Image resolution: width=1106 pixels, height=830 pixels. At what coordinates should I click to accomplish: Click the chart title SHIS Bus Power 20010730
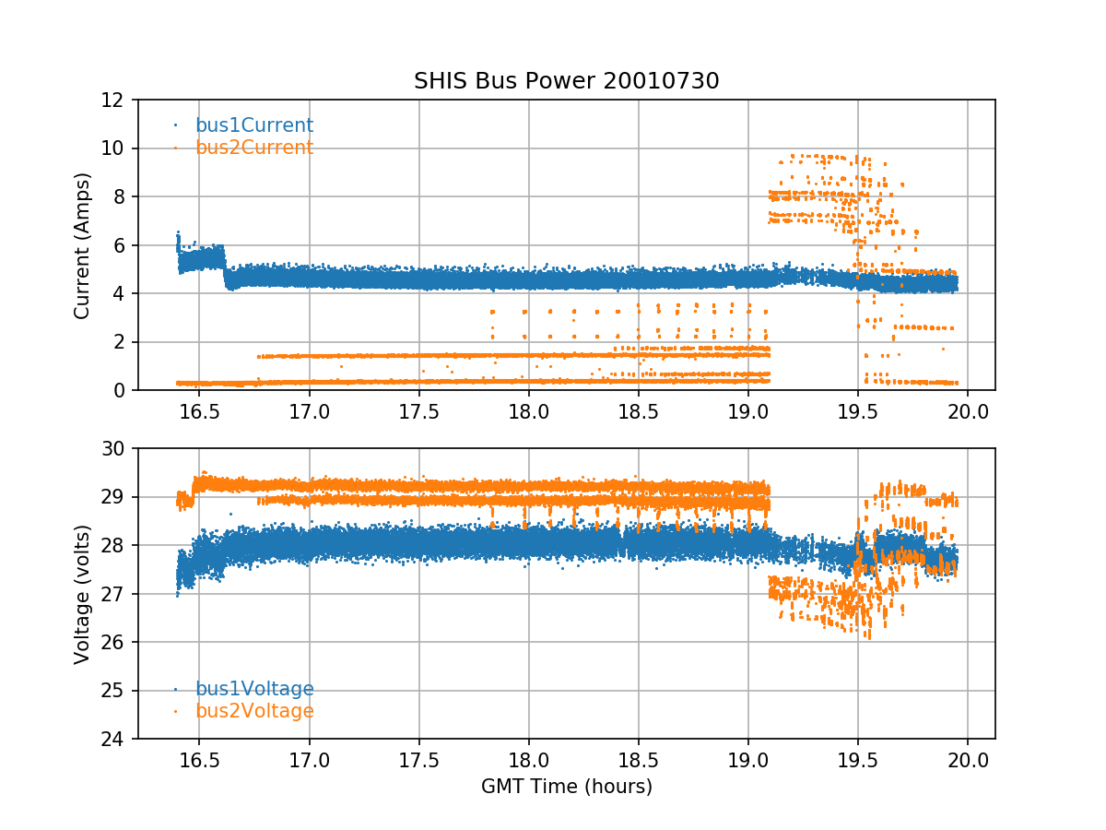pos(566,81)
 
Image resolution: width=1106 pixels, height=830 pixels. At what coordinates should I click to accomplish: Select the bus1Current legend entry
pos(253,125)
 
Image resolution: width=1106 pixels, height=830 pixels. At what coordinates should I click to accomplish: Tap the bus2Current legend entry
pos(253,148)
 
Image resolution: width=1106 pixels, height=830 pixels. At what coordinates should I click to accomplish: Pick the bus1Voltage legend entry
pos(253,689)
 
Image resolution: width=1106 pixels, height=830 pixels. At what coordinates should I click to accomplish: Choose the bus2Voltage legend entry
pos(253,711)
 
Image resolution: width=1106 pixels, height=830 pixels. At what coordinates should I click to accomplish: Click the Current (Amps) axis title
pos(82,245)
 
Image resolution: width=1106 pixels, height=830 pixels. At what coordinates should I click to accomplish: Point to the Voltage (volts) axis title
pos(82,594)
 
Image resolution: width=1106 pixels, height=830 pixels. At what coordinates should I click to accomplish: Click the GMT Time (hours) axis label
pos(566,787)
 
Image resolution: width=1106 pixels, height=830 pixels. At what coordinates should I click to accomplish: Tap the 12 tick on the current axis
pos(115,100)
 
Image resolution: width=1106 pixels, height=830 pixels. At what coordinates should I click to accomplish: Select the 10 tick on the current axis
pos(115,148)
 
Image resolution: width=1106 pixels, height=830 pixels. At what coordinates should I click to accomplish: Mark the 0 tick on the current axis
pos(121,390)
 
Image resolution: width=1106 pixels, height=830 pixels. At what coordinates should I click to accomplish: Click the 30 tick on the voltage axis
pos(115,449)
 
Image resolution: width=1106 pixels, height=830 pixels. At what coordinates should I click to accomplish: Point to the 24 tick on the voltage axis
pos(115,739)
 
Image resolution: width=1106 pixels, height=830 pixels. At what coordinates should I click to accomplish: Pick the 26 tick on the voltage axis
pos(115,642)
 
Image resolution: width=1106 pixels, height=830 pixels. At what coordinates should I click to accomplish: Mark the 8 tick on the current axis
pos(121,196)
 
